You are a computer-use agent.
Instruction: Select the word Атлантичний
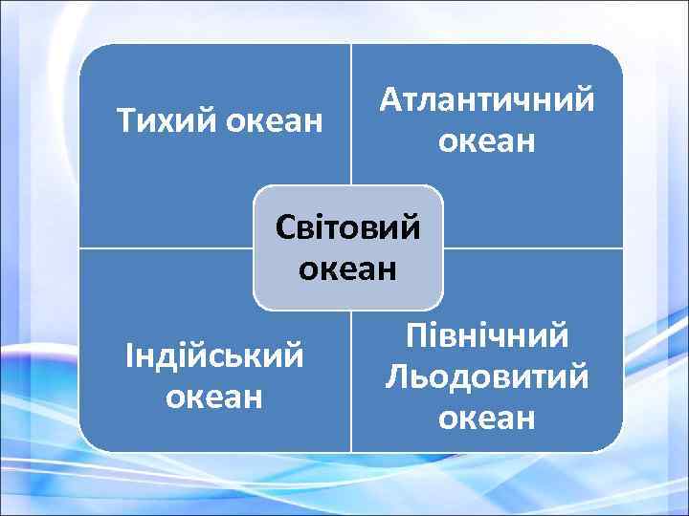(486, 100)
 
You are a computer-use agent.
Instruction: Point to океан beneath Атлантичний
(486, 141)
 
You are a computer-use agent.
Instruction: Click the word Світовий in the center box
(348, 228)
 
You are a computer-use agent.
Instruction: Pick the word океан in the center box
(348, 269)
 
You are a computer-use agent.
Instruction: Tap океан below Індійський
(215, 395)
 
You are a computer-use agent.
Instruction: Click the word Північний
(487, 335)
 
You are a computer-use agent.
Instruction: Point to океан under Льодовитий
(487, 417)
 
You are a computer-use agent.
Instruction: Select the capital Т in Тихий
(124, 121)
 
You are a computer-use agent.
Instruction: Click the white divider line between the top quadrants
(351, 115)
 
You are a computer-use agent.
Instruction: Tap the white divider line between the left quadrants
(163, 248)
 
